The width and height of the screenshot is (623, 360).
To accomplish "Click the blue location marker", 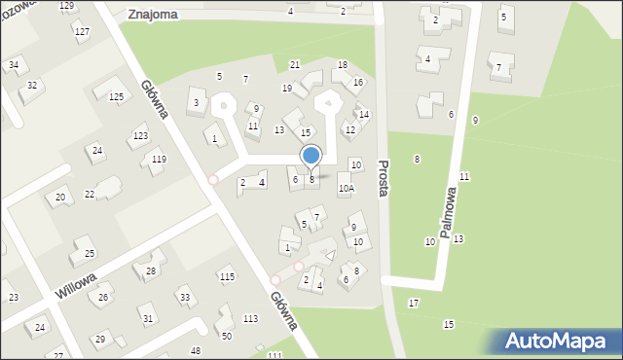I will coord(311,156).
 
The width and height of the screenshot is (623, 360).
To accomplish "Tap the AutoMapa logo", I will coord(558,341).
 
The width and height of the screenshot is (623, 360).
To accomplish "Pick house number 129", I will coord(66,6).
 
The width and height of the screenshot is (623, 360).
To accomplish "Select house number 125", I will coord(116,96).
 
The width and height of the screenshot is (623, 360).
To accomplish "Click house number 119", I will coord(159,159).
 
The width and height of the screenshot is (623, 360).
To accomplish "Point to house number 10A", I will coord(346,188).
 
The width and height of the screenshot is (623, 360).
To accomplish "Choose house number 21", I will coord(295,64).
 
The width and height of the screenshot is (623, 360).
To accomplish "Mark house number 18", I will coord(343,64).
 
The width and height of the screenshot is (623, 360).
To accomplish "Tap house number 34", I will coord(14,65).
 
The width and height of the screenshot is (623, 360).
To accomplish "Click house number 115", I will coord(227,277).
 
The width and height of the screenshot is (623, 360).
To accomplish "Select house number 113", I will coord(250,318).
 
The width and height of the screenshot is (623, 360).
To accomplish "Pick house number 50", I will coord(227,336).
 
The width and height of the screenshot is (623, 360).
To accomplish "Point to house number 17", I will coord(414,304).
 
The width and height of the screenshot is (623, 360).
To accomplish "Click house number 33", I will coord(184,297).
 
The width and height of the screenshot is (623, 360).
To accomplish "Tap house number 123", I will coord(140,136).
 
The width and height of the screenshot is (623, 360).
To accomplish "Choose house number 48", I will coord(196,350).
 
